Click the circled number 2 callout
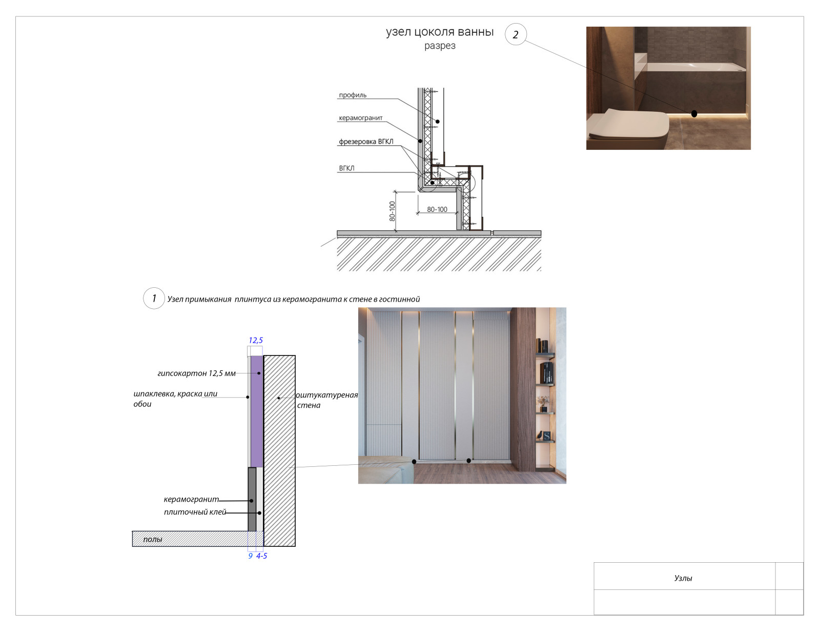tap(516, 34)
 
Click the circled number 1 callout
tap(154, 299)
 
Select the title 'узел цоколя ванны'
tap(440, 32)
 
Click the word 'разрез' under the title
tap(440, 46)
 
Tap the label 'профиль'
tap(353, 95)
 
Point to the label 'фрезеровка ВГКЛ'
tap(366, 142)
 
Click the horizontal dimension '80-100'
tap(437, 209)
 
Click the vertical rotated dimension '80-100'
tap(392, 211)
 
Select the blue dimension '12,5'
tap(255, 340)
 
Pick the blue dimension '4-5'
tap(261, 556)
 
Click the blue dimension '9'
tap(250, 556)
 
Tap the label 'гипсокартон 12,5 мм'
tap(196, 373)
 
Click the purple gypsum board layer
tap(257, 411)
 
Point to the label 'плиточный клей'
tap(195, 512)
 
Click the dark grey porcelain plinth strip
tap(252, 499)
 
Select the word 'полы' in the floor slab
tap(152, 539)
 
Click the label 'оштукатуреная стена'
tap(327, 400)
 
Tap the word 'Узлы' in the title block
tap(683, 578)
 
